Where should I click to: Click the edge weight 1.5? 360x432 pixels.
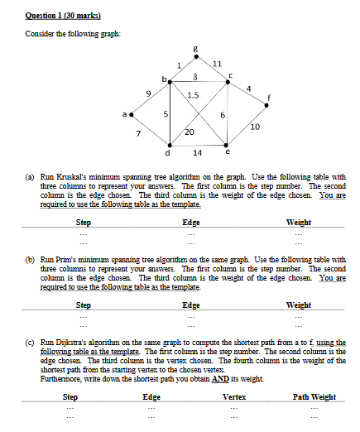pos(192,95)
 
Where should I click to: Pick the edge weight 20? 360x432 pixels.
pos(190,132)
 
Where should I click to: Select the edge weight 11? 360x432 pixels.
pos(217,65)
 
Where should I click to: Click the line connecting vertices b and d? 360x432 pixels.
pos(170,114)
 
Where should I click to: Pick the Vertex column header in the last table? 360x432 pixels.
pos(234,397)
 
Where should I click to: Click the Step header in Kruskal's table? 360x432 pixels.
pos(84,223)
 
